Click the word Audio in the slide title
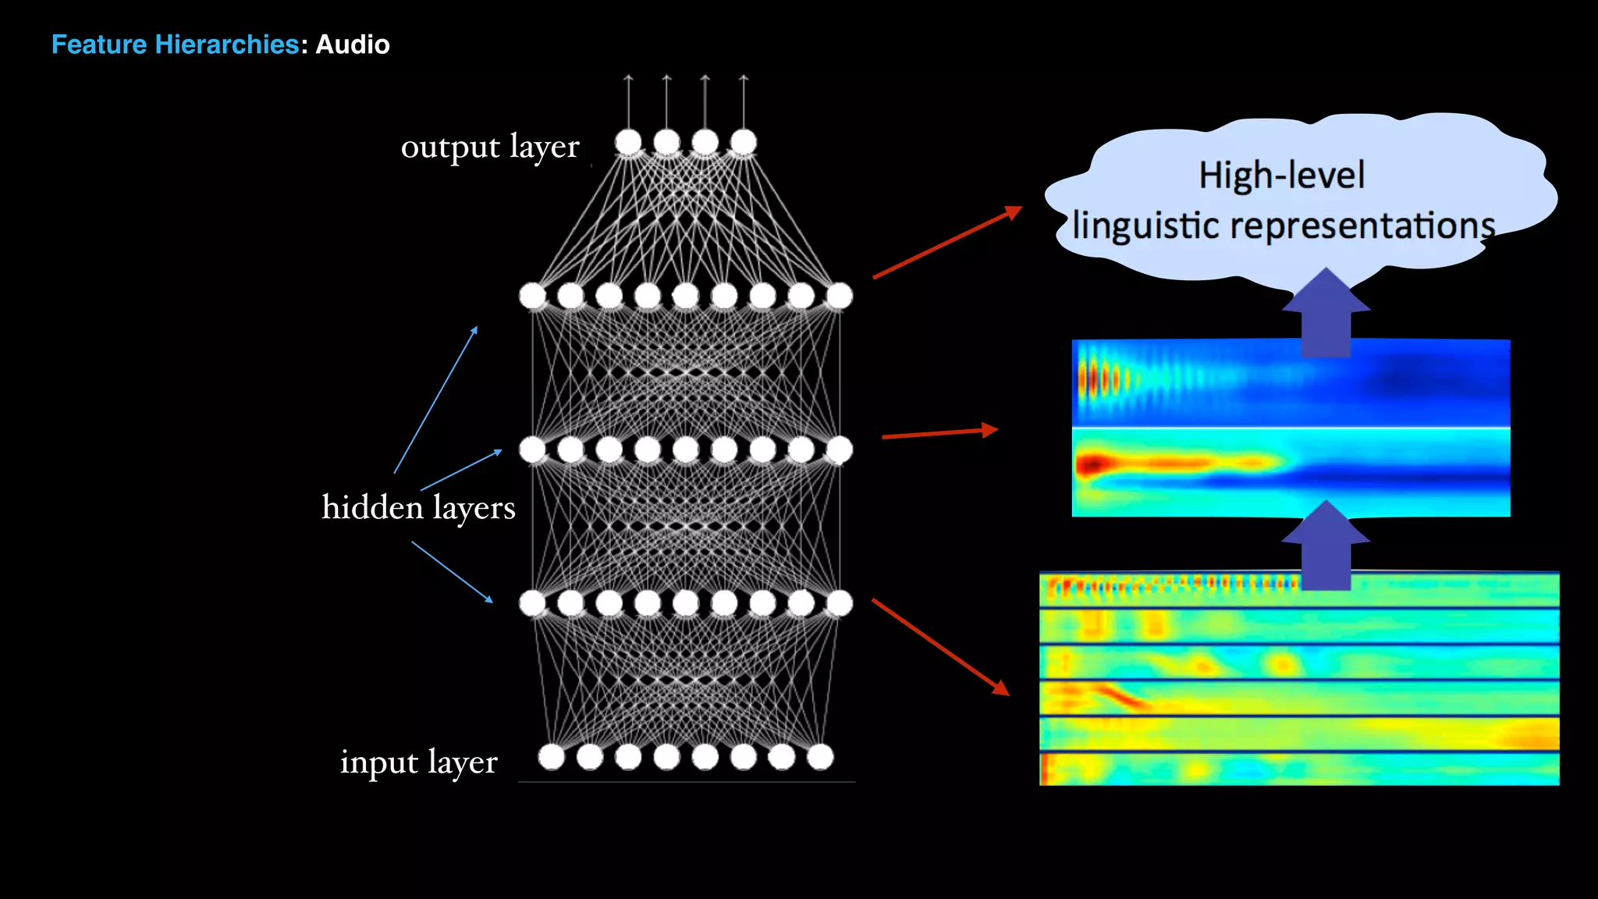[x=352, y=44]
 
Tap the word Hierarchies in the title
[x=227, y=44]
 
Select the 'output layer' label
[x=490, y=147]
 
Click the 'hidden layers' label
[x=418, y=508]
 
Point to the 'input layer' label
[x=418, y=762]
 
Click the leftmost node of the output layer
[x=628, y=142]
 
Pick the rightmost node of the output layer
[x=744, y=142]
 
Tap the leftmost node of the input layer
[x=552, y=756]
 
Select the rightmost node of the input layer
[x=820, y=756]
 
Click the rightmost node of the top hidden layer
[x=840, y=296]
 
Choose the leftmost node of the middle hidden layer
[x=532, y=449]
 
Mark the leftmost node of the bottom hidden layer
[x=532, y=602]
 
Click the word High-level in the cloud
[x=1282, y=176]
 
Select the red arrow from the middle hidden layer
[x=939, y=433]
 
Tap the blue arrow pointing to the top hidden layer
[x=435, y=400]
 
